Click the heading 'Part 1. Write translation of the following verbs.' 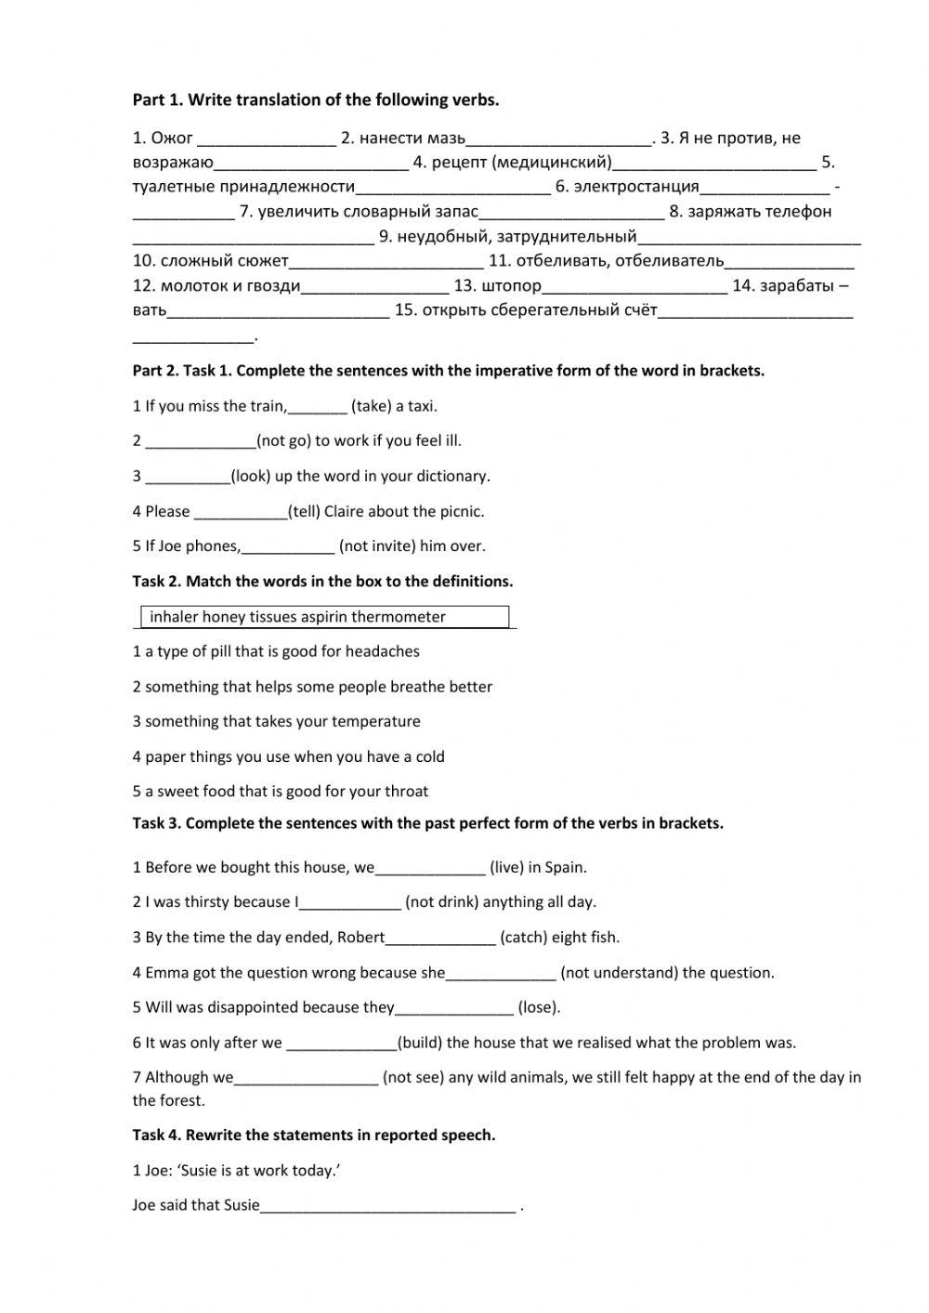coord(316,100)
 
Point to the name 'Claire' coord(346,511)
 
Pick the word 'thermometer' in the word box coord(399,617)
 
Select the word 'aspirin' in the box coord(321,617)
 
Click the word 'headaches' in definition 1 coord(382,651)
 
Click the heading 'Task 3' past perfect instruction coord(427,823)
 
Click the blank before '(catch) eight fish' coord(440,938)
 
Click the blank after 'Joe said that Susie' coord(388,1206)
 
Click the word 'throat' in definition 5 coord(405,792)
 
